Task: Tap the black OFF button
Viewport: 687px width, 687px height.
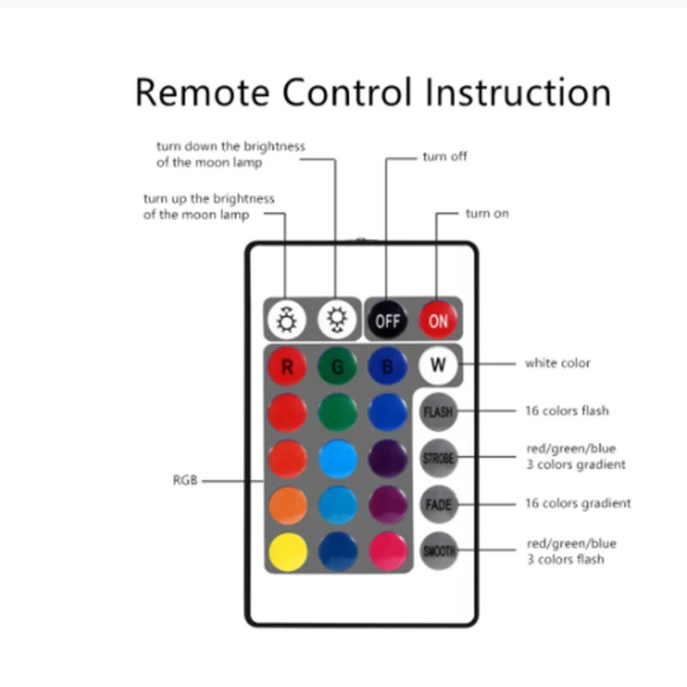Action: pyautogui.click(x=387, y=320)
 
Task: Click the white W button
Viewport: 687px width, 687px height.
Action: pyautogui.click(x=438, y=364)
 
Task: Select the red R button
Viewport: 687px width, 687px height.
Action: pyautogui.click(x=287, y=368)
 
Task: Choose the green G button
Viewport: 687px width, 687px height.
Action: pyautogui.click(x=337, y=368)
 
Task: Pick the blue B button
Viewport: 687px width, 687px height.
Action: pyautogui.click(x=387, y=368)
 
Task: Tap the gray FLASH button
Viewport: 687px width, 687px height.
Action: pyautogui.click(x=438, y=412)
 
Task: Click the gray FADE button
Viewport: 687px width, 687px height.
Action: pyautogui.click(x=438, y=504)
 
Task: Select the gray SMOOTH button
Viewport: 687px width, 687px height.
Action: pyautogui.click(x=438, y=550)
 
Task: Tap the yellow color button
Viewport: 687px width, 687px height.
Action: pyautogui.click(x=288, y=551)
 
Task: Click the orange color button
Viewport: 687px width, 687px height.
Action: pyautogui.click(x=288, y=505)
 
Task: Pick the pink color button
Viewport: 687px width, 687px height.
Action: pyautogui.click(x=387, y=551)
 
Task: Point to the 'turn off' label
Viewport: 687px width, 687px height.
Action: pyautogui.click(x=445, y=157)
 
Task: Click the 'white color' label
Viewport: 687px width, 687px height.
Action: pyautogui.click(x=557, y=363)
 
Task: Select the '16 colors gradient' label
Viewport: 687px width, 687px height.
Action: pyautogui.click(x=578, y=503)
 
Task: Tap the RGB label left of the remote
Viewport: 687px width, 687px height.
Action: pyautogui.click(x=185, y=481)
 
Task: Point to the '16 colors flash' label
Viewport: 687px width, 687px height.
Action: pyautogui.click(x=567, y=410)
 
